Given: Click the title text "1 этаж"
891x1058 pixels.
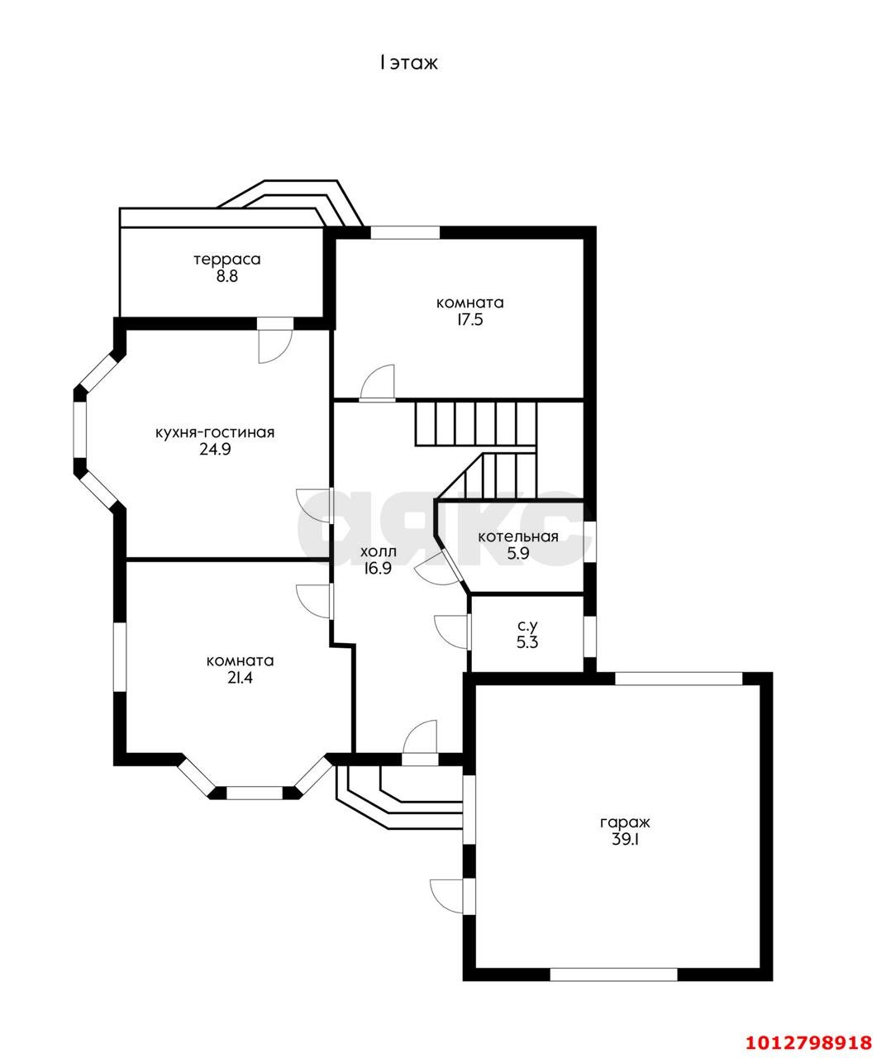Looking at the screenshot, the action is coord(408,64).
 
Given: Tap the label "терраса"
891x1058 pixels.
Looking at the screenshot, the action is coord(227,260).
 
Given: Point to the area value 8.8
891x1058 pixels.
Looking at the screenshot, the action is coord(227,277).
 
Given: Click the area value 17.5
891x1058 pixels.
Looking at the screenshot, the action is coord(469,320).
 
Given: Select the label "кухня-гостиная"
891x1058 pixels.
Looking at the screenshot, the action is coord(215,433).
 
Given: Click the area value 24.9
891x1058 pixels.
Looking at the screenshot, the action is coord(215,450).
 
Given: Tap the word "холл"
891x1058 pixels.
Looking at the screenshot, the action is coord(378,551).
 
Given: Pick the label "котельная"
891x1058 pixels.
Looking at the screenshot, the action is coord(518,536).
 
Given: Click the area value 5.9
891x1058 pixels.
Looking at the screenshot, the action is coord(518,553).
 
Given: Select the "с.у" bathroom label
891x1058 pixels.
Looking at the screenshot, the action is coord(527,626).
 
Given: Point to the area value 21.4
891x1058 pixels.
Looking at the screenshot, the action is coord(240,678).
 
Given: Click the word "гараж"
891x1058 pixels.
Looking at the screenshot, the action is coord(624,822).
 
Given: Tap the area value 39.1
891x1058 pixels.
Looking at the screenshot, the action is coord(624,840).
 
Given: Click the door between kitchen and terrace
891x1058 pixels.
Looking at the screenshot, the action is coord(275,341).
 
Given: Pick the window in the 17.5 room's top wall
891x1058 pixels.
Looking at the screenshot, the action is coord(405,232).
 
